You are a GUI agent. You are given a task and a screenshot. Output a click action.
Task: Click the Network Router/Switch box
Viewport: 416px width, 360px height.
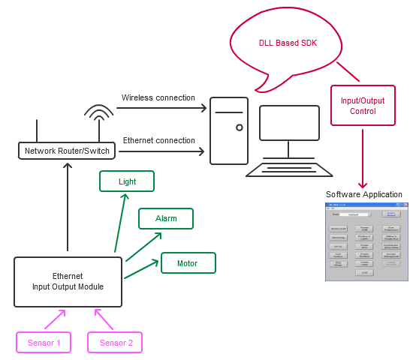pos(67,151)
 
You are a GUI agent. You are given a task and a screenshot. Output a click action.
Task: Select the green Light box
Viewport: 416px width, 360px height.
pos(127,181)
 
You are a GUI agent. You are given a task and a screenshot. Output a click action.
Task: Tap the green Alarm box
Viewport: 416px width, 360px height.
pos(166,218)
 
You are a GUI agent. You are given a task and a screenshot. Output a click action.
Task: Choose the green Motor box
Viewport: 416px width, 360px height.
pos(188,263)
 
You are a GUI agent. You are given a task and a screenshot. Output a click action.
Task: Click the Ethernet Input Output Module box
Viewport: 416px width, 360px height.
pos(68,281)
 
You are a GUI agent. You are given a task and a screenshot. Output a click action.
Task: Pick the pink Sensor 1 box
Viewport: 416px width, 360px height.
pos(44,343)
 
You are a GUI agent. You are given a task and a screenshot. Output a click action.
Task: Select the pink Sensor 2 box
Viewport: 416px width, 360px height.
pos(116,343)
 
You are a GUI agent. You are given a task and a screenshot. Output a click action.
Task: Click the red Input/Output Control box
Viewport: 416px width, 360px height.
pos(363,106)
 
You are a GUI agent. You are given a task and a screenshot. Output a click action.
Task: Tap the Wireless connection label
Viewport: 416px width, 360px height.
pos(158,97)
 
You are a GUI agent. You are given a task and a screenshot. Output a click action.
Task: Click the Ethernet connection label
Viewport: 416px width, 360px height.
pos(158,140)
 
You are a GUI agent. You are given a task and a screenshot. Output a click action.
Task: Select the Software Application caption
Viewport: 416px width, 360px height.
pos(364,194)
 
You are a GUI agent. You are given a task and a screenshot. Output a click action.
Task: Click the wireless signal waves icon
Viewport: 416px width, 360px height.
pos(99,113)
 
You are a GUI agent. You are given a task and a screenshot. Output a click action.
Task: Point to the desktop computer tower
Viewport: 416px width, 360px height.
pos(228,130)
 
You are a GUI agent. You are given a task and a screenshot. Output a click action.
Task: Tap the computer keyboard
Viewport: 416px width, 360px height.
pos(289,169)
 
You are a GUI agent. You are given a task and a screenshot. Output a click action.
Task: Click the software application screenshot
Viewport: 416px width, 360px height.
pos(366,240)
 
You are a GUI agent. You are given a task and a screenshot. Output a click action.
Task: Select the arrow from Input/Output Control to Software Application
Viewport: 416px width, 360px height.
pos(363,157)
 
